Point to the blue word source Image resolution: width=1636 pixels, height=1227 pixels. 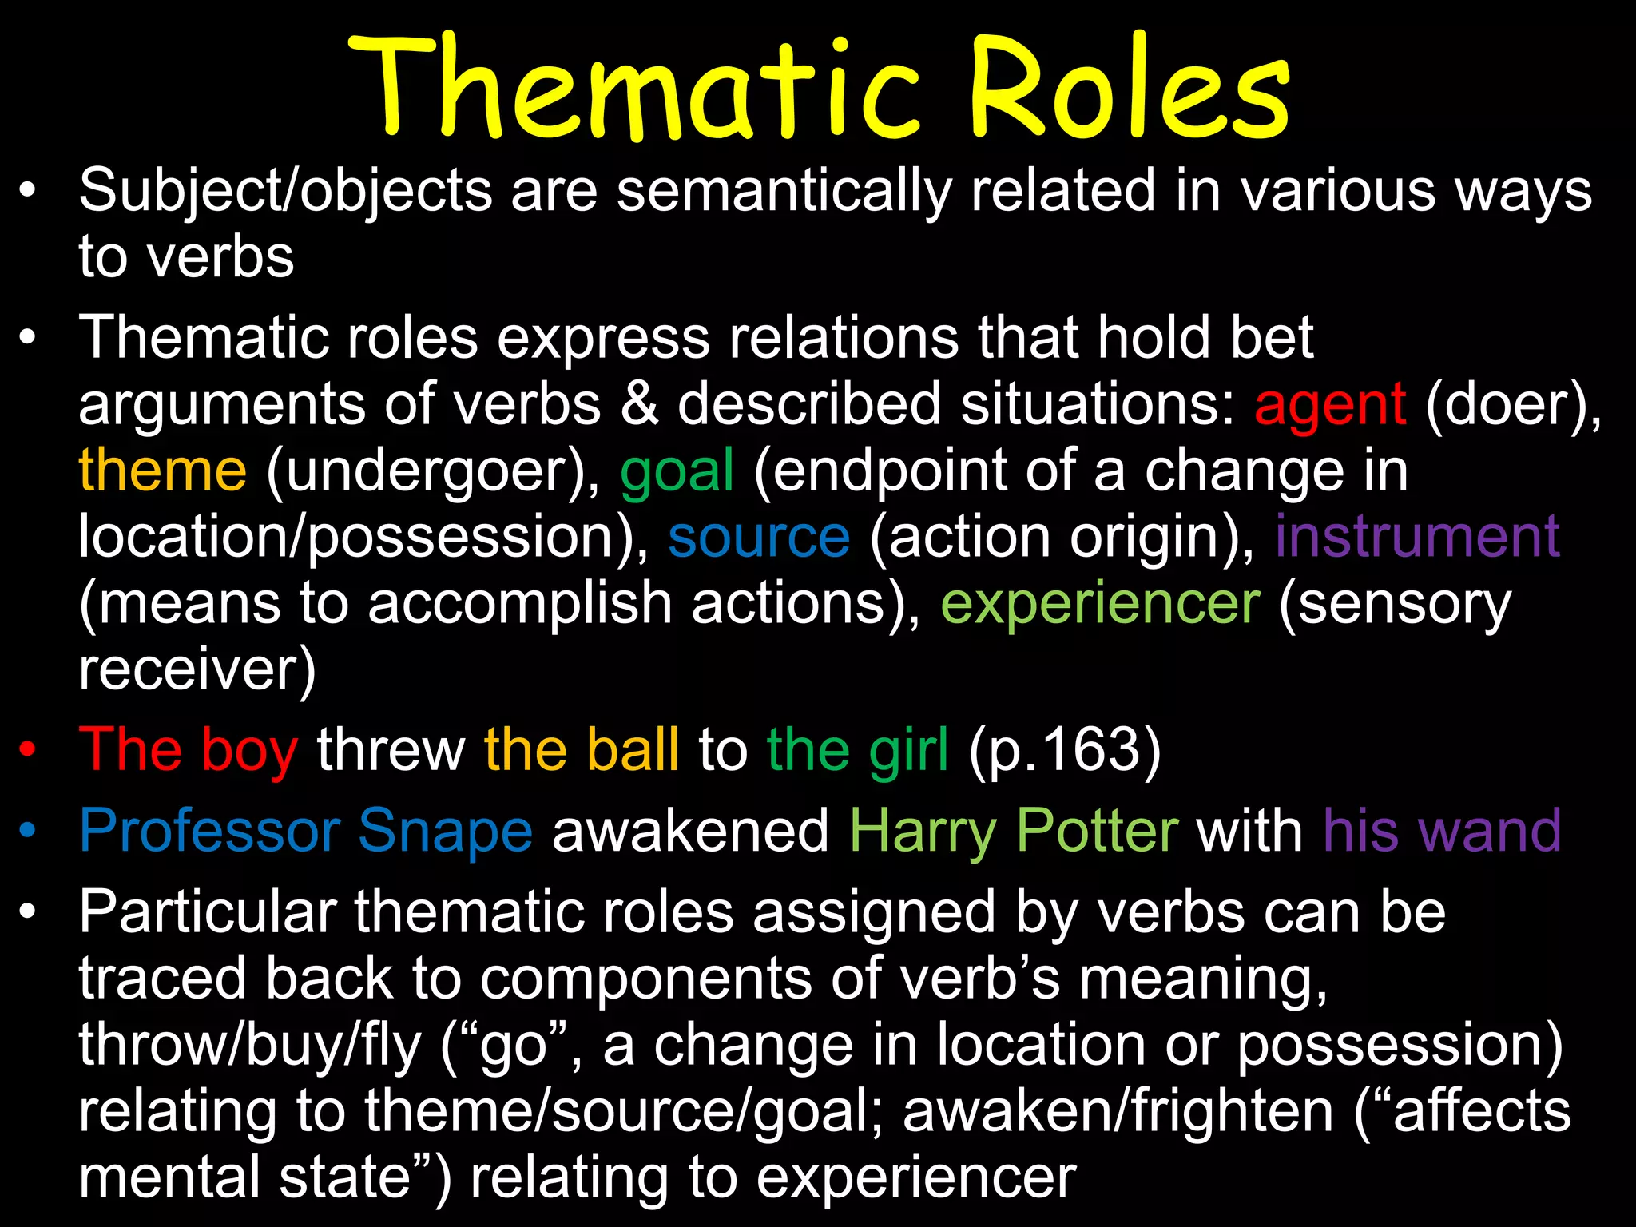[759, 538]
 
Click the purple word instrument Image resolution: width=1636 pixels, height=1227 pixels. [1416, 537]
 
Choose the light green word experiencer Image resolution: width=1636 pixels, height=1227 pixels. [1100, 605]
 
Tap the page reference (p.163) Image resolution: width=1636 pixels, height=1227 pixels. [1064, 750]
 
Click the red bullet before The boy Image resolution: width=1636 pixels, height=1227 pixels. [28, 750]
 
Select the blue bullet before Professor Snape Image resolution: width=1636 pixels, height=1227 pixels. [28, 832]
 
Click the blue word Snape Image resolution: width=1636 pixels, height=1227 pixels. [445, 832]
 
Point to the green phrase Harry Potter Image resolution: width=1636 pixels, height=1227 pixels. [1013, 832]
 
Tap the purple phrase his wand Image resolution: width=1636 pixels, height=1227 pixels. [1441, 832]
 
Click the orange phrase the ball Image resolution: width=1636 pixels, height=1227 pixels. [581, 750]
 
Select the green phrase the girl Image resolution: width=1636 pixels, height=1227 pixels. [857, 750]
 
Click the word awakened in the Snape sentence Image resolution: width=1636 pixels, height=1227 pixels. [690, 832]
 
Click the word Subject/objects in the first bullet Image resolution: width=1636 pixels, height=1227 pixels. [285, 192]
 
